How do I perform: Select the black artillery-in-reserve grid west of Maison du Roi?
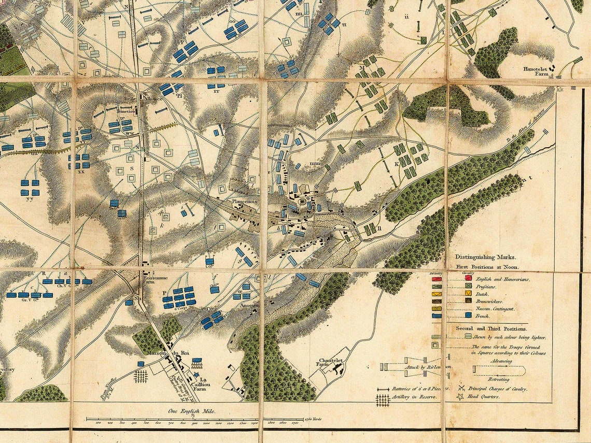(140, 375)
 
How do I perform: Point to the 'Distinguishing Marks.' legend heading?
(486, 256)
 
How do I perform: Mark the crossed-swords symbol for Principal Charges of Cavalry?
(461, 388)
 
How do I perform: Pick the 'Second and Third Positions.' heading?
(484, 328)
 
